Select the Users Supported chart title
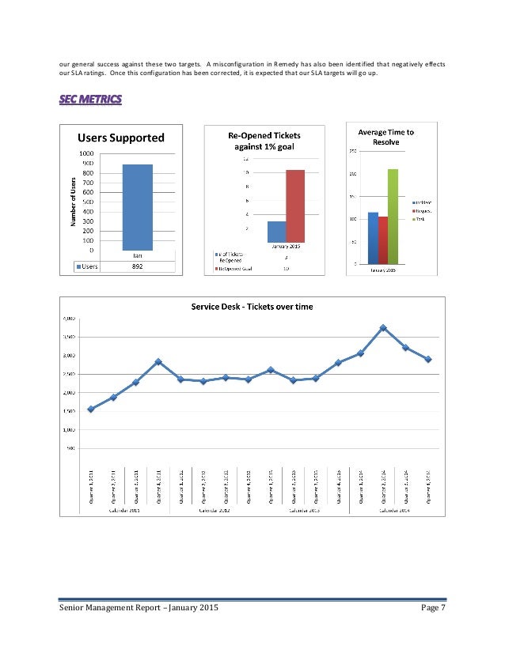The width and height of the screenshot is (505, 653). coord(120,138)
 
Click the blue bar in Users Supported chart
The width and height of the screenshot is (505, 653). coord(137,207)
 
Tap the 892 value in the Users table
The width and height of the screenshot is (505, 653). coord(137,266)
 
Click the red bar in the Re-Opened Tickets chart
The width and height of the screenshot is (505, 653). coord(294,206)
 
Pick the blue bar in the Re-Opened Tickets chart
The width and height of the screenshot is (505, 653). coord(276,231)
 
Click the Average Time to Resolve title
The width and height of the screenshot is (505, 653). coord(385,136)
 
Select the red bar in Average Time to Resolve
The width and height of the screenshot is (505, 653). coord(383,240)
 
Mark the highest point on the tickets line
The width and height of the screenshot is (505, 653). coord(382,327)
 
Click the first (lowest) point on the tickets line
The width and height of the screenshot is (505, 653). coord(91,409)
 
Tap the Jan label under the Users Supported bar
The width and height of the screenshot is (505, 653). coord(137,255)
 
